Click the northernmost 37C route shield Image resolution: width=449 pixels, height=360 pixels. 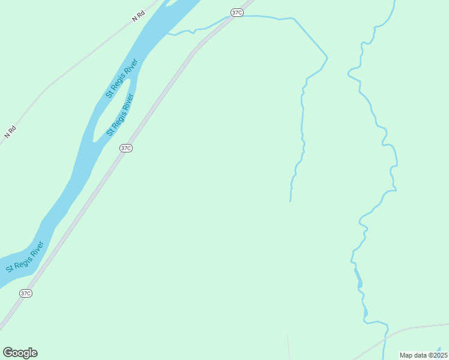pos(237,13)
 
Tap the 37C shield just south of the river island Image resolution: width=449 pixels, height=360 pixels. pos(125,148)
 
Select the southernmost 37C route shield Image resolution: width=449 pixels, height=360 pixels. pos(25,293)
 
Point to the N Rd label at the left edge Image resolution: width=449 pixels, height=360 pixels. pos(9,132)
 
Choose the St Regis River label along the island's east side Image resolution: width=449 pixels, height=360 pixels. pos(121,115)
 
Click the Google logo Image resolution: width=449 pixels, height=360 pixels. pos(20,353)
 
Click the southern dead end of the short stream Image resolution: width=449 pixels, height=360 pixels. pos(291,201)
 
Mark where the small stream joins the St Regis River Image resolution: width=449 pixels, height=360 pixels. pos(168,34)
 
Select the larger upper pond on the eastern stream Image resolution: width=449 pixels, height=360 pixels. pos(359,279)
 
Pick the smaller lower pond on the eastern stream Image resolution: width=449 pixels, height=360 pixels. pos(365,313)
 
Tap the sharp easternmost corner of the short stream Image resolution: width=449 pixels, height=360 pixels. pos(327,58)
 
